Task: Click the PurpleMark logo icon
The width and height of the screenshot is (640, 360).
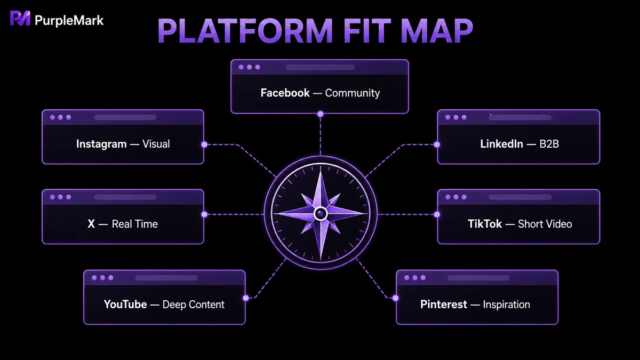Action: point(20,19)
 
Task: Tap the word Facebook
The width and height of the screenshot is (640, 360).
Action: point(285,93)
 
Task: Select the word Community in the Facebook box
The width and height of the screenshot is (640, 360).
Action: point(353,93)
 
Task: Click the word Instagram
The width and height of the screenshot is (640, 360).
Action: point(101,144)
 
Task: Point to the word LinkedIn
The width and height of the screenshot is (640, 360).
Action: point(501,144)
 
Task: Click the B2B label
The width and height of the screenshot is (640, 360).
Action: point(549,144)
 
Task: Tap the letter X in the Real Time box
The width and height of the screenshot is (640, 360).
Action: point(91,224)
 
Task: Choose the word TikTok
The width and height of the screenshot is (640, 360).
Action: point(485,224)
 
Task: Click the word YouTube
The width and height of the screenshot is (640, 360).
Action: point(125,305)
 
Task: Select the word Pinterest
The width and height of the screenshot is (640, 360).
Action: point(444,305)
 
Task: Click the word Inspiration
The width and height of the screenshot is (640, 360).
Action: point(506,305)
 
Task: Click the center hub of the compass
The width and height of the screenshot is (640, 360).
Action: point(321,213)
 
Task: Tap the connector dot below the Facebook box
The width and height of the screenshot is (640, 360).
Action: point(321,114)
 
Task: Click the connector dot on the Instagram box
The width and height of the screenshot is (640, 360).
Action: point(204,145)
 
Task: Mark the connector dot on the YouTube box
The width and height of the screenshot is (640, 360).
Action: point(246,298)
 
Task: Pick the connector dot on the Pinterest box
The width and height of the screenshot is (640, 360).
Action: point(395,298)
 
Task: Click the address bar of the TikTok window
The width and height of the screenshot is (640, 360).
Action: point(520,197)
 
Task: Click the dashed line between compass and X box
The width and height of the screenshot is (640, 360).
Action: point(235,214)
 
